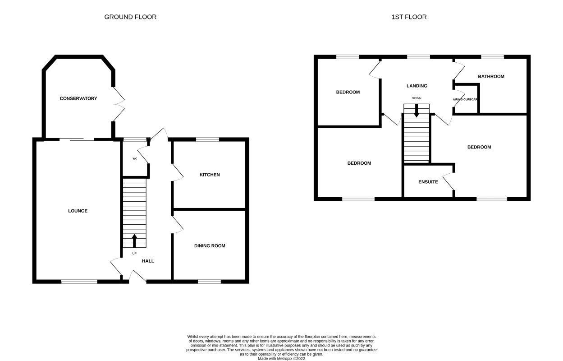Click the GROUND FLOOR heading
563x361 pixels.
coord(130,17)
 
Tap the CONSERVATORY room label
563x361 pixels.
coord(78,98)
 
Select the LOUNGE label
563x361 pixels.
coord(78,211)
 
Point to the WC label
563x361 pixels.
coord(134,159)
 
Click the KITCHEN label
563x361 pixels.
coord(210,175)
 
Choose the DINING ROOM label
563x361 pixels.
coord(210,246)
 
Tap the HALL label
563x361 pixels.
coord(148,261)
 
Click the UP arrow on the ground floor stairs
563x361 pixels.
coord(134,241)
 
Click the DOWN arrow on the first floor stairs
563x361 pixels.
coord(417,110)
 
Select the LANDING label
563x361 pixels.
coord(417,86)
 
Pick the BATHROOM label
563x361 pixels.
coord(491,77)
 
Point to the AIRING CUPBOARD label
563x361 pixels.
coord(465,99)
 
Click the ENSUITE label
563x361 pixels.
coord(428,182)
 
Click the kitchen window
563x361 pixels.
coord(207,139)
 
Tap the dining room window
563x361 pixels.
coord(209,282)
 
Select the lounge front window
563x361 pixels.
coord(79,282)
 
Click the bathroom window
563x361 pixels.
coord(492,57)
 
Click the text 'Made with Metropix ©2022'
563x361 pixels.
coord(282,358)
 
